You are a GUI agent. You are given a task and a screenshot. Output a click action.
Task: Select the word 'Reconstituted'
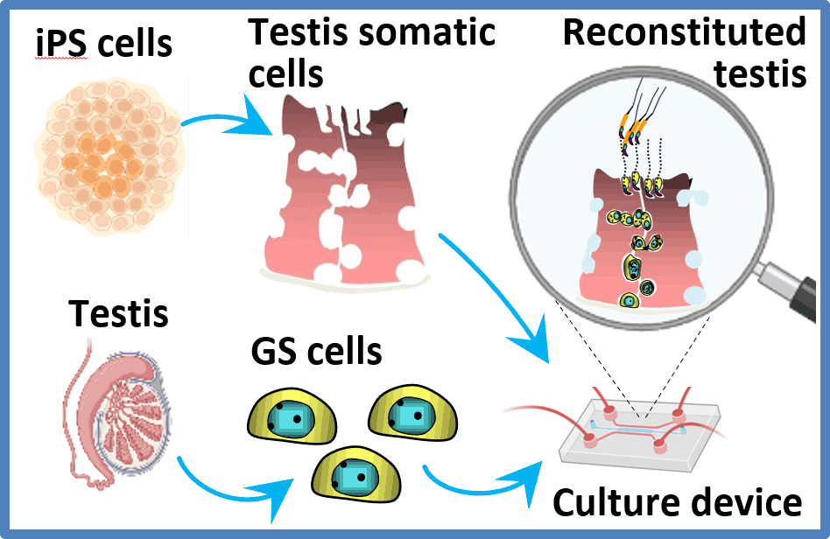684,32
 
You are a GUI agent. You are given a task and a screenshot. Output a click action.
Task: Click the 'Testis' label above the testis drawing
118,313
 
